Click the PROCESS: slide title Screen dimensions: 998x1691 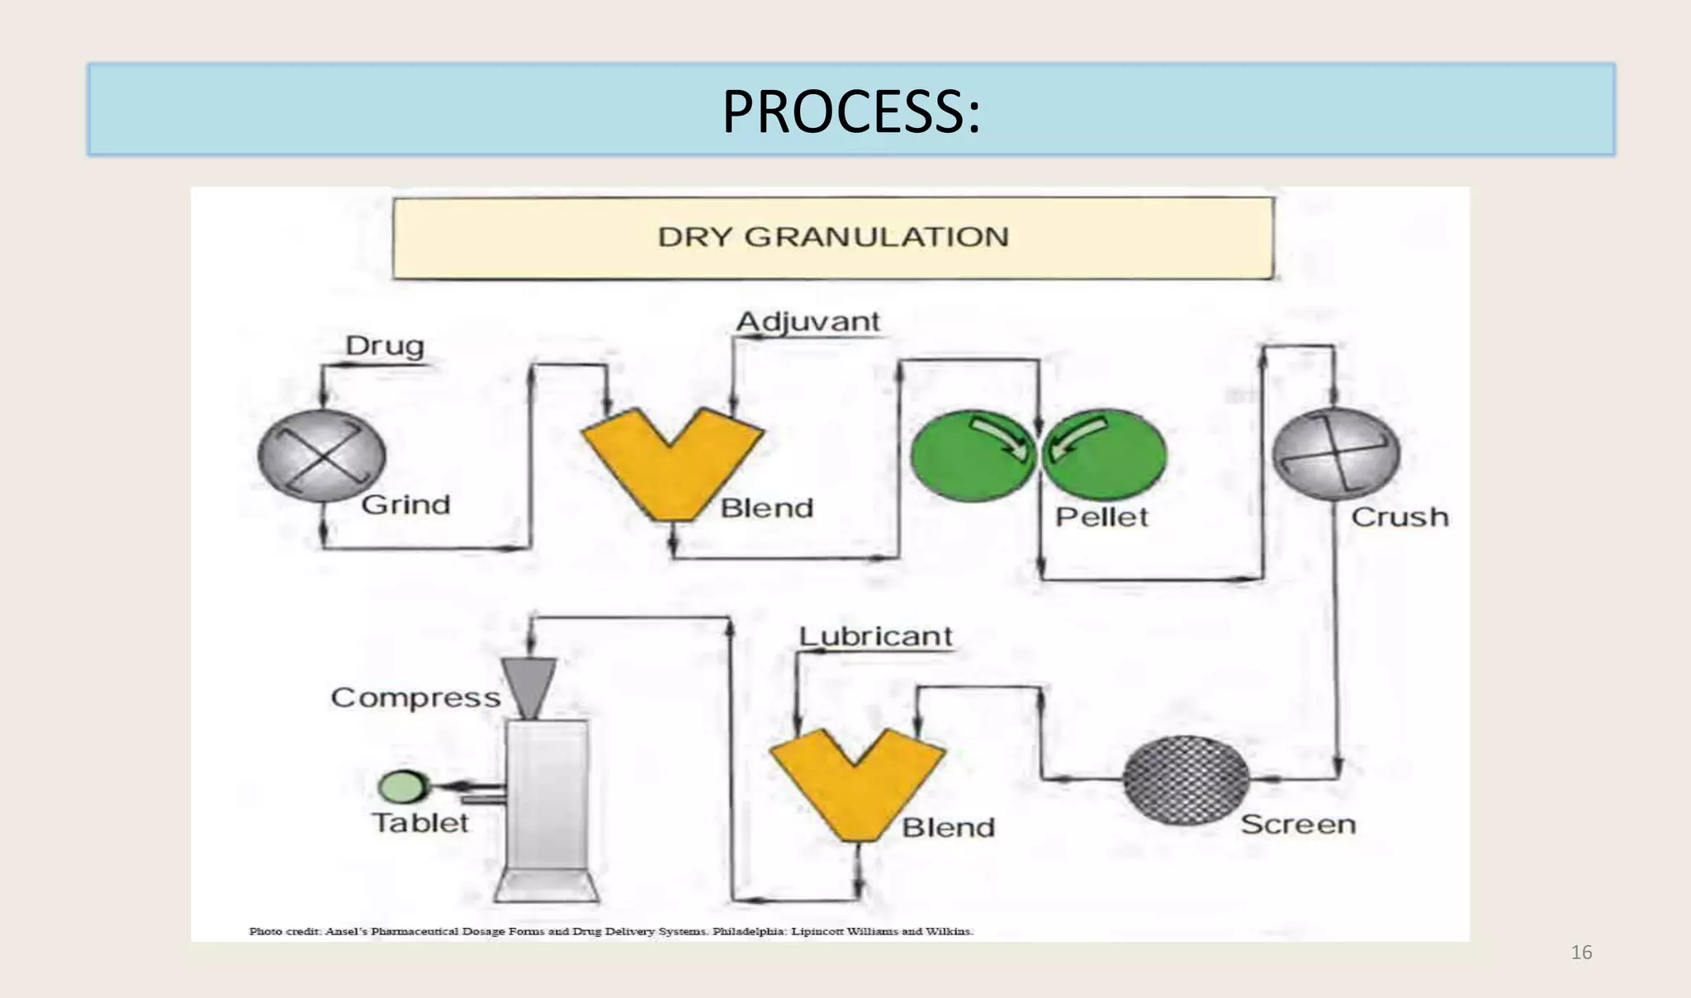pyautogui.click(x=850, y=111)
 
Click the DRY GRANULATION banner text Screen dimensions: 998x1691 pyautogui.click(x=832, y=237)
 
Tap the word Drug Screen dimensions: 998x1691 pyautogui.click(x=384, y=345)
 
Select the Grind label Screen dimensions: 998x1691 pyautogui.click(x=405, y=504)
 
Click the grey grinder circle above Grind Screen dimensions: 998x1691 pyautogui.click(x=322, y=456)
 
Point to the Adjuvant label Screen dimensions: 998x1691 pyautogui.click(x=808, y=321)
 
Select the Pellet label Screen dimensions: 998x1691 pyautogui.click(x=1101, y=518)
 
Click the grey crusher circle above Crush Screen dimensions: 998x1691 pyautogui.click(x=1335, y=453)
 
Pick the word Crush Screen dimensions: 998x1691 pyautogui.click(x=1400, y=518)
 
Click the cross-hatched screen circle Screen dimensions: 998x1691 pyautogui.click(x=1187, y=780)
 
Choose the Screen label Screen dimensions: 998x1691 pyautogui.click(x=1298, y=825)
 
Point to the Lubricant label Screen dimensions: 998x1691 pyautogui.click(x=875, y=636)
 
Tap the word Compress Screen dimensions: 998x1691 pyautogui.click(x=415, y=698)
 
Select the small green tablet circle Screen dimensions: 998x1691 pyautogui.click(x=402, y=787)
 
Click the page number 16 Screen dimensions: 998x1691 pyautogui.click(x=1580, y=953)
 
